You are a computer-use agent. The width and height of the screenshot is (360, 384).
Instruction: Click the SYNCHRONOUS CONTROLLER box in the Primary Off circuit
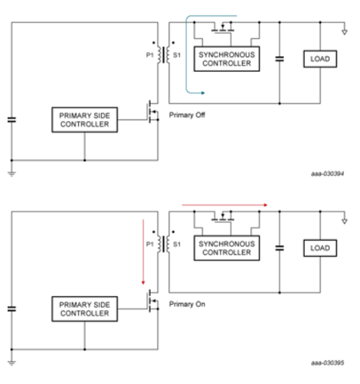click(x=226, y=60)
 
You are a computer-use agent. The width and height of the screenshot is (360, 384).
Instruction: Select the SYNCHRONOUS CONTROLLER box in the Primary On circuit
click(x=226, y=248)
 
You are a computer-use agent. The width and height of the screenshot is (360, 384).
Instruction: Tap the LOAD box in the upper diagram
click(x=320, y=60)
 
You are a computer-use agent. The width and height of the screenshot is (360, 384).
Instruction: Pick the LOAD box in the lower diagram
click(x=320, y=248)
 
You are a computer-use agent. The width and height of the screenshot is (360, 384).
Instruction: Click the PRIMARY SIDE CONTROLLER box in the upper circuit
click(x=84, y=120)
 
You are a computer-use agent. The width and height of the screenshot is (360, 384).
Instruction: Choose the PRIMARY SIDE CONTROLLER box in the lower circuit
click(x=84, y=309)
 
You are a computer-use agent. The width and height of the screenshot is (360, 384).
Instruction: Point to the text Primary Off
click(x=187, y=115)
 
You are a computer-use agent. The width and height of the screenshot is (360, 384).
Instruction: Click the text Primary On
click(x=187, y=304)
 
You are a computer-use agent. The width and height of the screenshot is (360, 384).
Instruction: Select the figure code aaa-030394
click(x=329, y=174)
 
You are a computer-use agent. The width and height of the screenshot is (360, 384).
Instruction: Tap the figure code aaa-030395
click(x=329, y=363)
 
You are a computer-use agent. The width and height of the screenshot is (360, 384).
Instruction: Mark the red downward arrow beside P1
click(x=144, y=253)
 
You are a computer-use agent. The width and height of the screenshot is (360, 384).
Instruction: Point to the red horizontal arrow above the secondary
click(x=224, y=205)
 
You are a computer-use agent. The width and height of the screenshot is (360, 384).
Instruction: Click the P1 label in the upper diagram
click(x=151, y=55)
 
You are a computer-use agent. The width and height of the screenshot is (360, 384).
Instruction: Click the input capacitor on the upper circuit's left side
click(x=11, y=119)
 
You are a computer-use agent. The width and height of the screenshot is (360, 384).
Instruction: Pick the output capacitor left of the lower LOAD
click(x=279, y=248)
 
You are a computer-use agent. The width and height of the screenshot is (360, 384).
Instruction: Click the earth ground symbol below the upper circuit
click(x=11, y=173)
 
